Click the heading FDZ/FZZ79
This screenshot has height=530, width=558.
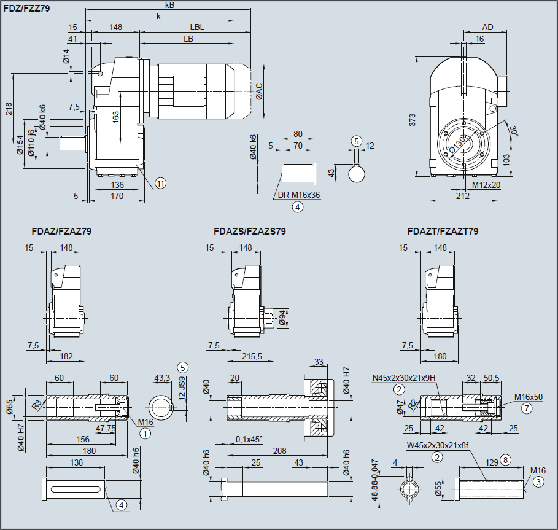27,9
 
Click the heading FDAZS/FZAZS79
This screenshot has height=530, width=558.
249,232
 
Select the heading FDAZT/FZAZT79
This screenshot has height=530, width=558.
442,232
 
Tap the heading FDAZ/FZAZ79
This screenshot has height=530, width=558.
61,232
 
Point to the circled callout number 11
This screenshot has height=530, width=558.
160,183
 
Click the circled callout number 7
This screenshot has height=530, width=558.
525,407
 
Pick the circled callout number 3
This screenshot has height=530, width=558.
538,482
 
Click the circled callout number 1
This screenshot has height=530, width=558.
145,433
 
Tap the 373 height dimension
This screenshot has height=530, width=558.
413,120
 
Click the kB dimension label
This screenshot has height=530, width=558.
169,5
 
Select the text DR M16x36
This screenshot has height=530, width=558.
298,195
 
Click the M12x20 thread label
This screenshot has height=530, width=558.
486,185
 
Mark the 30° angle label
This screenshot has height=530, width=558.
514,131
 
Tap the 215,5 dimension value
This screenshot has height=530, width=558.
252,356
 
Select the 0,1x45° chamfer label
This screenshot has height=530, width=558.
249,440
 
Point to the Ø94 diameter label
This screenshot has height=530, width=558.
282,318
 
